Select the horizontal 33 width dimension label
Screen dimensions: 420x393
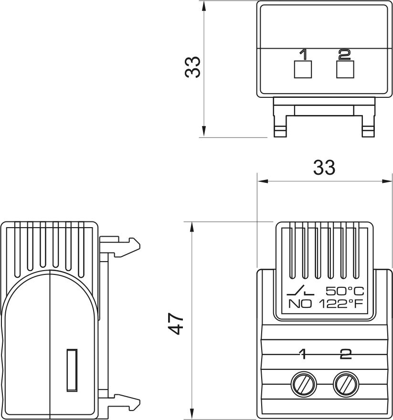[x=324, y=168]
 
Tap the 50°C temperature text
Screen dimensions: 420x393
[x=345, y=291]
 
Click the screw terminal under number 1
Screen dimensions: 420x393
[x=302, y=383]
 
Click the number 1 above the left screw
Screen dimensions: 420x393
[x=302, y=354]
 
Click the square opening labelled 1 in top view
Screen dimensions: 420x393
[x=302, y=70]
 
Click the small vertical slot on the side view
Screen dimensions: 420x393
[x=71, y=370]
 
